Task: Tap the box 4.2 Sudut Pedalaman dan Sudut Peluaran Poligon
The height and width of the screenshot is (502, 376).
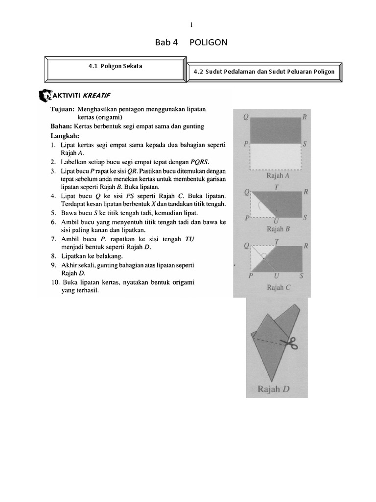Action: [x=264, y=72]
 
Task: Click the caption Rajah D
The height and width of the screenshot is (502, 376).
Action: [x=274, y=390]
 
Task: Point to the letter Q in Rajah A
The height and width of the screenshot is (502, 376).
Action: [x=245, y=117]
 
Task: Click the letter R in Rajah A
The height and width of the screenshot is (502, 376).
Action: [x=305, y=117]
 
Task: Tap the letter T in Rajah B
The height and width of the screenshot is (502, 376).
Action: [x=277, y=186]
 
